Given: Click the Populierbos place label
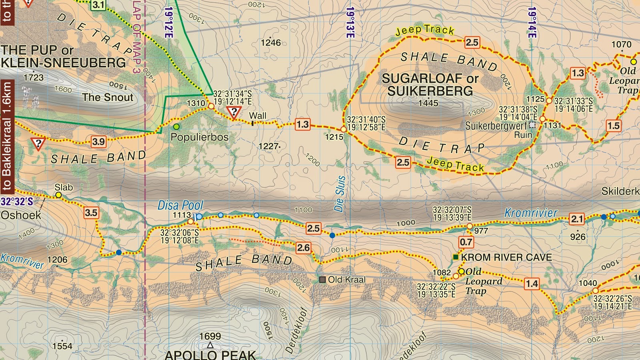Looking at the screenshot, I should pos(199,137).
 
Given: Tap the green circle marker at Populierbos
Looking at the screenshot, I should pos(176,127).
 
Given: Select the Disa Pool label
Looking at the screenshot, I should pos(180,205).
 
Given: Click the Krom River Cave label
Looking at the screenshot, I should pos(506,257).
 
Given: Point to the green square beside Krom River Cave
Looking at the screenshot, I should pos(455,257).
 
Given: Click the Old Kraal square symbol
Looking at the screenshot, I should pos(322,280).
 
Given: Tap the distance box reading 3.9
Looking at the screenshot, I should pos(98,142).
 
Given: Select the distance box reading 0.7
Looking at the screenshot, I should pos(466,242).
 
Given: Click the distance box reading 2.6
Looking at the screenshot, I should pos(303,248).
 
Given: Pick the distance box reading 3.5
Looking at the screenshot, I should pos(91,213).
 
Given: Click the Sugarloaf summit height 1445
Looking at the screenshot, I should pos(428,103).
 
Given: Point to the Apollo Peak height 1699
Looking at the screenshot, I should pos(210,336).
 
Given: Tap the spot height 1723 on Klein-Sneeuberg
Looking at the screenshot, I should pos(34,77).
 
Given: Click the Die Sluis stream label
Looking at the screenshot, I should pos(340,194).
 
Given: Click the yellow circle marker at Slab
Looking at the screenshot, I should pos(58,195).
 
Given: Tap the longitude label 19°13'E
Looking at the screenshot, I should pos(350,23).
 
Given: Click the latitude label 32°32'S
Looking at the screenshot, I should pos(17,201).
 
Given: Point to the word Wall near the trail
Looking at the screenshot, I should pos(257,116).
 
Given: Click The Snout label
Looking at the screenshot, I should pos(108,97).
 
